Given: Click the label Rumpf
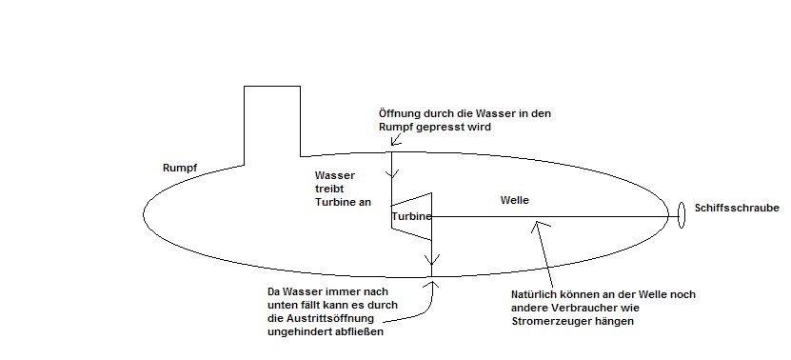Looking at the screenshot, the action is click(x=180, y=169).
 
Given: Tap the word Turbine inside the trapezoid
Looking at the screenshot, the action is click(x=411, y=216).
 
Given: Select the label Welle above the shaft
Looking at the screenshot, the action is click(x=515, y=200).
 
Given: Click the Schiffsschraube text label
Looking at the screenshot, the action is click(x=737, y=208).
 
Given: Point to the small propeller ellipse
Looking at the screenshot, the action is click(x=681, y=215).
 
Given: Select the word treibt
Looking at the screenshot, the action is click(x=329, y=189).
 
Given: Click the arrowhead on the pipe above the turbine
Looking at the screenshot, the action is click(x=392, y=174).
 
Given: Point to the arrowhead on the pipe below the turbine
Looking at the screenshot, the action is click(x=432, y=260).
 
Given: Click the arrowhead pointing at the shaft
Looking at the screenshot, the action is click(x=538, y=225).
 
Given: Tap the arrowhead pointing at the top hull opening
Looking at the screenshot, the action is click(x=395, y=141).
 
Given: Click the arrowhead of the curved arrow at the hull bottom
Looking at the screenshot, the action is click(x=432, y=283).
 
